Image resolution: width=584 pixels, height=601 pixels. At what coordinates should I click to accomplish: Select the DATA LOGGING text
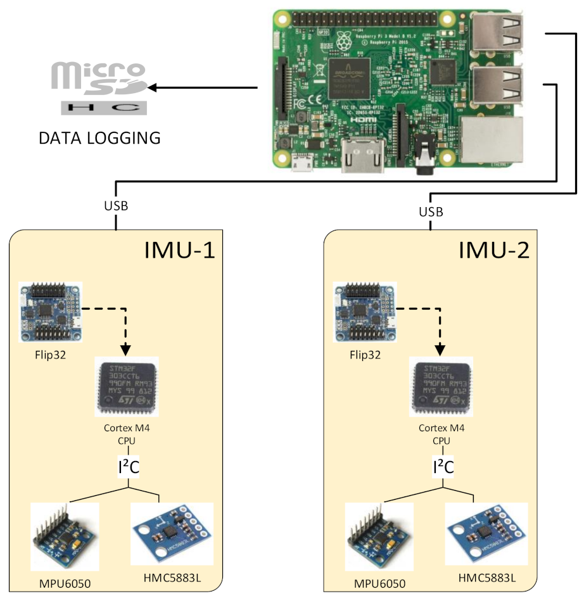(99, 138)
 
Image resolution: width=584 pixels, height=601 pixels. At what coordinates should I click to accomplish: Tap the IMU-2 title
(494, 250)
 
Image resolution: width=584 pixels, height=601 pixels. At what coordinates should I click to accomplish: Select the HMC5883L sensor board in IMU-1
(172, 533)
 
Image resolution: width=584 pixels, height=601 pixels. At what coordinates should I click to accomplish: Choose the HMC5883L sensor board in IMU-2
(486, 533)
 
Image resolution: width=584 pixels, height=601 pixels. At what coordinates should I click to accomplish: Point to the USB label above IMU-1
(115, 206)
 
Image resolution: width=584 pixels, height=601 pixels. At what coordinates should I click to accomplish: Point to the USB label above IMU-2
(431, 211)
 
